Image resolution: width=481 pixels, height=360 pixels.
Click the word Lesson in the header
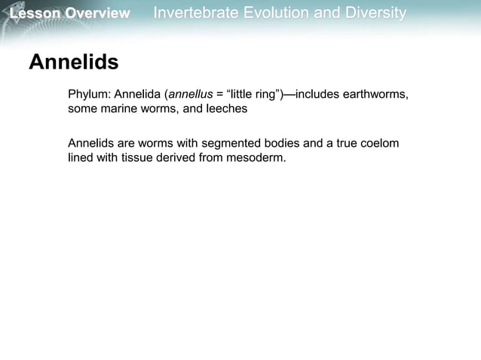coord(27,14)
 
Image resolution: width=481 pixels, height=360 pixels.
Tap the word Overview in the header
coord(97,14)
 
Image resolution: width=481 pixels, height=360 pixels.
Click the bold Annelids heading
coord(73,63)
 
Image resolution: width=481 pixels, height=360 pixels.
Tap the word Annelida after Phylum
coord(138,95)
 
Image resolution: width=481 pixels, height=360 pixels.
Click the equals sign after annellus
coord(219,95)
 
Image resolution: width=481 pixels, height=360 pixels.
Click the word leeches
coord(227,108)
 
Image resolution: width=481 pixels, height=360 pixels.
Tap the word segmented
coord(222,143)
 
